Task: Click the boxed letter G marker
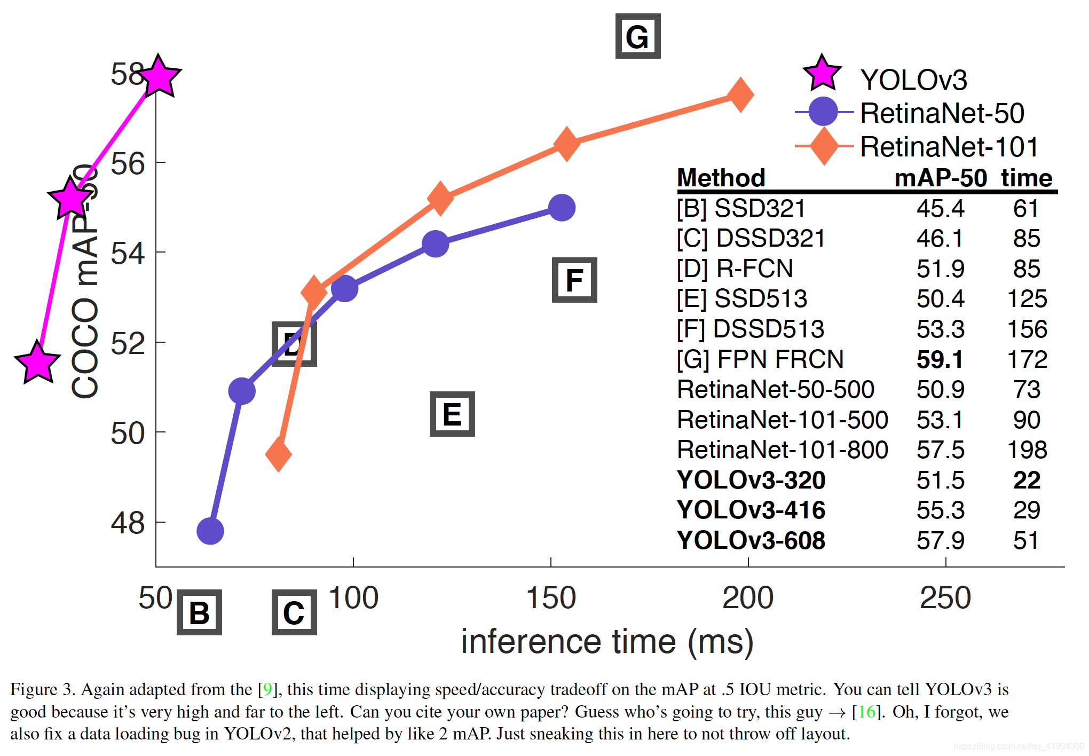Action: (x=637, y=36)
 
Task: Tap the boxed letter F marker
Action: (x=574, y=280)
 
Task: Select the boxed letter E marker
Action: (x=452, y=414)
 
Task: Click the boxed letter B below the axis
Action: (x=199, y=612)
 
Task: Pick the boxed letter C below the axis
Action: (x=294, y=612)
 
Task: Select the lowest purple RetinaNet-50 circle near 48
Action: (x=210, y=531)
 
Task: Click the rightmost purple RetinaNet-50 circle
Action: (x=562, y=208)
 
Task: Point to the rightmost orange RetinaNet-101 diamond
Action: (x=740, y=94)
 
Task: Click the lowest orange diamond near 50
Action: (x=278, y=454)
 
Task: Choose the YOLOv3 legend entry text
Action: (x=913, y=80)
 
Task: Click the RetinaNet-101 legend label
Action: (x=949, y=147)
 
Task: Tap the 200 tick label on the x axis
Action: (x=747, y=597)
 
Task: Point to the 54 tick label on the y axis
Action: (x=128, y=253)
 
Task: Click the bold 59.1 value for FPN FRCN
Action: (x=940, y=359)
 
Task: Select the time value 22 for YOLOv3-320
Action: (x=1026, y=480)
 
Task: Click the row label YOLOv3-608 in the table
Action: (x=751, y=540)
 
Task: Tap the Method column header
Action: (x=721, y=178)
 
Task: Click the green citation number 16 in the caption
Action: (x=867, y=712)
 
